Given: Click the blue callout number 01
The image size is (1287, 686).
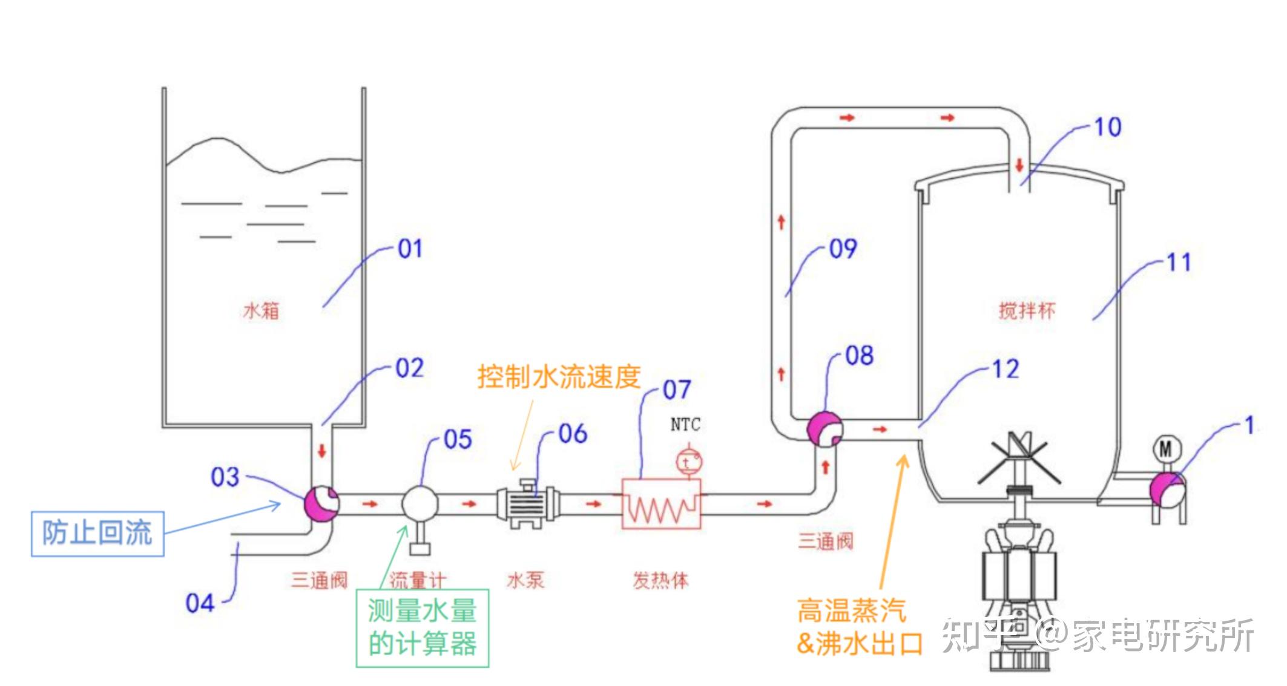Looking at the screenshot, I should pyautogui.click(x=410, y=249).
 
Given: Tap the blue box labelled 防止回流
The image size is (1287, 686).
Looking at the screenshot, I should pyautogui.click(x=97, y=534).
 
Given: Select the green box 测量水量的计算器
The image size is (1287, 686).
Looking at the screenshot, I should pyautogui.click(x=422, y=628).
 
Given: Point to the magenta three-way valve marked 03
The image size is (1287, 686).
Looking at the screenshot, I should pyautogui.click(x=321, y=503).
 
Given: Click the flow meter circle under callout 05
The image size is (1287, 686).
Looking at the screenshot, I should pyautogui.click(x=420, y=503).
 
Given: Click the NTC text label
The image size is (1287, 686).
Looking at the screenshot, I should pyautogui.click(x=685, y=425).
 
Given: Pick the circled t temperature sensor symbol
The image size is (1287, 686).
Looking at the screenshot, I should pyautogui.click(x=688, y=462).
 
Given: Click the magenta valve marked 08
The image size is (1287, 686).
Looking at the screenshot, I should pyautogui.click(x=825, y=429).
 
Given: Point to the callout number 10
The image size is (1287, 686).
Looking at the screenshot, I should pyautogui.click(x=1108, y=128).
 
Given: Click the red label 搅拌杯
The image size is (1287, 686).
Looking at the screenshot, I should pyautogui.click(x=1027, y=311).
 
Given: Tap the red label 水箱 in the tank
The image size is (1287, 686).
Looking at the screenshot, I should pyautogui.click(x=261, y=311).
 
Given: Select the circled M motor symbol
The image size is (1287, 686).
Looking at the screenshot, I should pyautogui.click(x=1165, y=448).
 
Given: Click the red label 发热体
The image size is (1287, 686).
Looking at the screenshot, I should pyautogui.click(x=660, y=581).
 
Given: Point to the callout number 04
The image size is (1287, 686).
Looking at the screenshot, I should pyautogui.click(x=200, y=603).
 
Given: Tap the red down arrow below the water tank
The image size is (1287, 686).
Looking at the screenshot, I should pyautogui.click(x=322, y=451).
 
